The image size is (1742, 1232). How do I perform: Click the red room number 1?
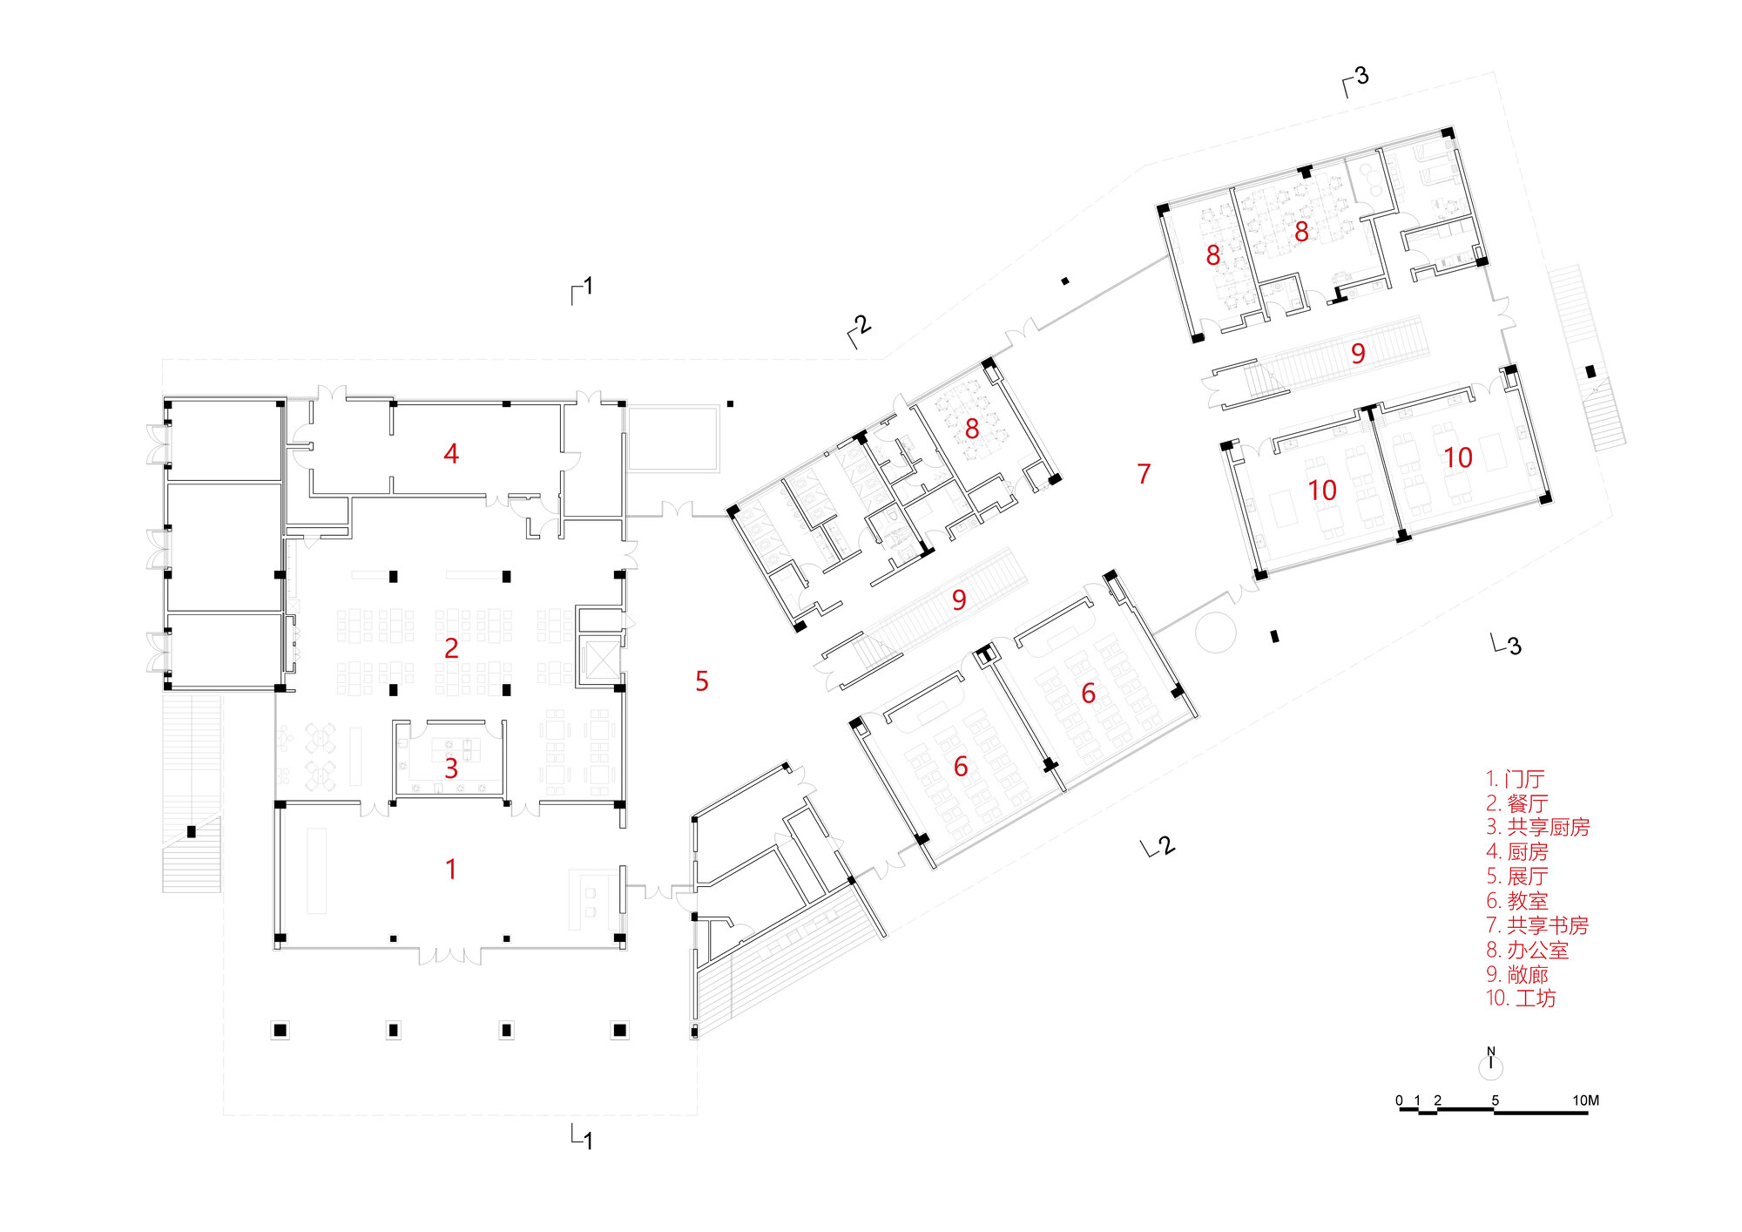click(x=450, y=869)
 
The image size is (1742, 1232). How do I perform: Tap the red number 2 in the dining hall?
click(x=451, y=648)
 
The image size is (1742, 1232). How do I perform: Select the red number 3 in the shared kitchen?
click(x=451, y=768)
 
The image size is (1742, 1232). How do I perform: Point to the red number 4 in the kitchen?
click(x=451, y=453)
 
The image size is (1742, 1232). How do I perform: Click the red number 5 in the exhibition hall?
click(x=702, y=681)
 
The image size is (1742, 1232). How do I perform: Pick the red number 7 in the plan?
click(x=1144, y=474)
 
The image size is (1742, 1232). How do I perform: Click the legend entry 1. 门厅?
click(x=1516, y=779)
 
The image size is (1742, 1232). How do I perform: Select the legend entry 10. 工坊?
click(x=1521, y=998)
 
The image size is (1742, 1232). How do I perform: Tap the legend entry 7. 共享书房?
click(x=1537, y=925)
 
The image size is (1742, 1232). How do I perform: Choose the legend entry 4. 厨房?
click(x=1517, y=852)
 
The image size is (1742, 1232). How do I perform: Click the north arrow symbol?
click(x=1491, y=1063)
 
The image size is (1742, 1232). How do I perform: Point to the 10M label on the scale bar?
click(x=1585, y=1100)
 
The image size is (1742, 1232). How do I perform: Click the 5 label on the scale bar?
click(x=1496, y=1100)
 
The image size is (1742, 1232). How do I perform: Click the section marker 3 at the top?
click(x=1356, y=80)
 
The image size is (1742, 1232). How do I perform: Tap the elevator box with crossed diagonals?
click(x=600, y=660)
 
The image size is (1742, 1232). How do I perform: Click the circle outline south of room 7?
click(x=1216, y=632)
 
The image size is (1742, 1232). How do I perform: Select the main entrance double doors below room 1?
click(x=450, y=956)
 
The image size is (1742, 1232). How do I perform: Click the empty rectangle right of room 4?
click(x=674, y=437)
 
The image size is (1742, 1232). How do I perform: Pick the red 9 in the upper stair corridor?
click(x=1358, y=353)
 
